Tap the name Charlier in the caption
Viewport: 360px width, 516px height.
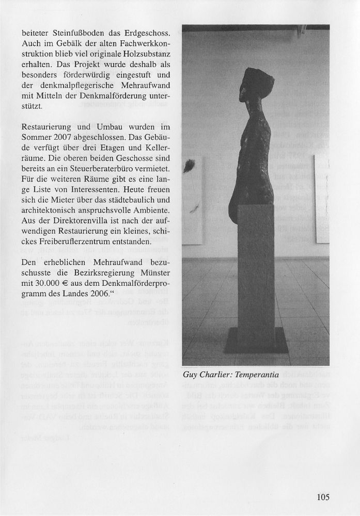coord(216,375)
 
